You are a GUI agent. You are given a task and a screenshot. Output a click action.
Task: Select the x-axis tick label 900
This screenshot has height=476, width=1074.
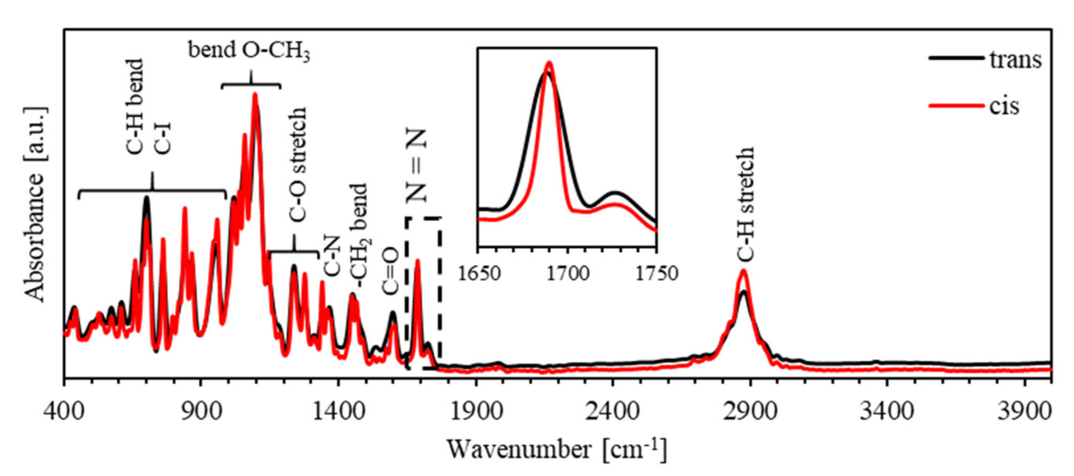point(201,411)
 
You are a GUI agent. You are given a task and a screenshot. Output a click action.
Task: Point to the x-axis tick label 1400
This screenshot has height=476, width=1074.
point(339,411)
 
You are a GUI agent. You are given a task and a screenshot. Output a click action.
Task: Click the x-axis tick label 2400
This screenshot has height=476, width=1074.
point(612,411)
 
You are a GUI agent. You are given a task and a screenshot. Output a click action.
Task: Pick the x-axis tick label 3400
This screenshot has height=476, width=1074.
point(887,411)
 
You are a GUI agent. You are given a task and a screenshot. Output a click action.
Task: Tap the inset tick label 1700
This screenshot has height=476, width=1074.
point(568,274)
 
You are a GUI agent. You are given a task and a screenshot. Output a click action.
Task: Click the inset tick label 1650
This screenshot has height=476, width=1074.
point(479,274)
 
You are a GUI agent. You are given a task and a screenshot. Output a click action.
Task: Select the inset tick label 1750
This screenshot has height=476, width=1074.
point(657,274)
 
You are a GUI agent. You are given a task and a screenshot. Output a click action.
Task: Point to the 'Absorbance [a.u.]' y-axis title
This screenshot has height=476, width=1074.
point(35,204)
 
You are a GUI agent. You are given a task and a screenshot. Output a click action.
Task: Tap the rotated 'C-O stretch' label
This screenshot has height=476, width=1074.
point(298,164)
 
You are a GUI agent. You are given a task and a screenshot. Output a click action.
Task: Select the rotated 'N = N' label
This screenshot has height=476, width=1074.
point(417,165)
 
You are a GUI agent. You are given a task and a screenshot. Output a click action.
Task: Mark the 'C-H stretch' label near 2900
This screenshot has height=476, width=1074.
point(745,204)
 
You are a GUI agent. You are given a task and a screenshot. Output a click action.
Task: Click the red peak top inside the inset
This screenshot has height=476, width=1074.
point(549,63)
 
